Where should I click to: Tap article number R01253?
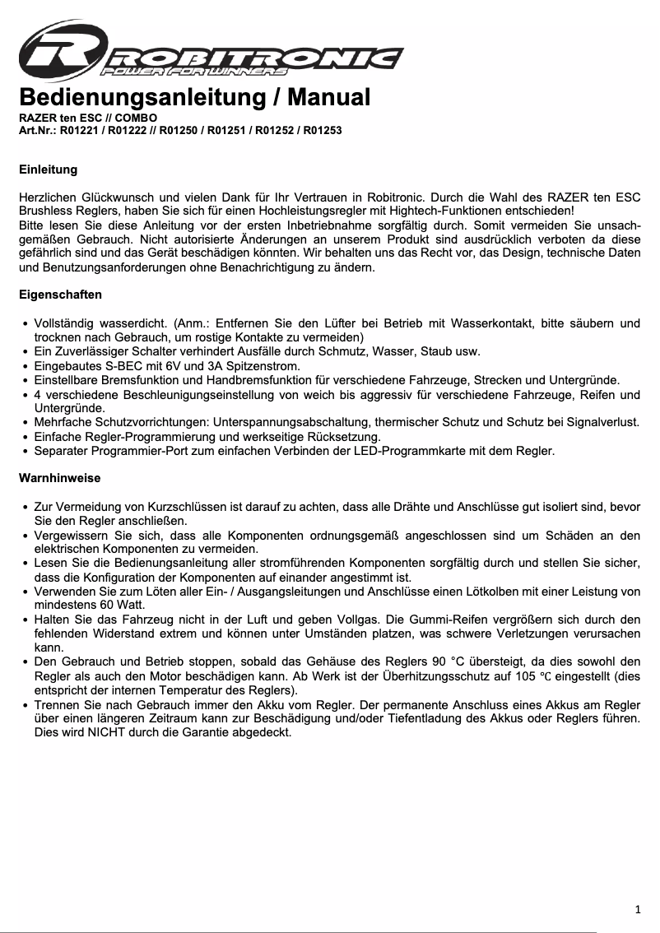pyautogui.click(x=323, y=130)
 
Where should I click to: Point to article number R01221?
pyautogui.click(x=81, y=130)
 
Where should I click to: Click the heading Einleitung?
pyautogui.click(x=48, y=169)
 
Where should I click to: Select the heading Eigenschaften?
pyautogui.click(x=60, y=294)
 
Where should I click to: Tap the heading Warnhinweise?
pyautogui.click(x=59, y=477)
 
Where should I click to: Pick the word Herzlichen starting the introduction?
pyautogui.click(x=48, y=197)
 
